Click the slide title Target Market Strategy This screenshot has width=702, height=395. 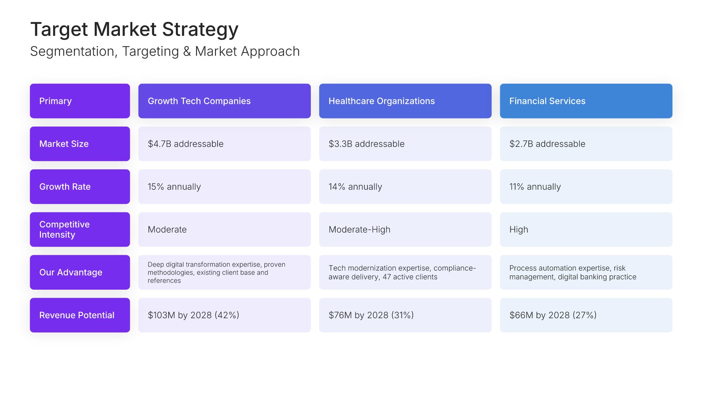(134, 29)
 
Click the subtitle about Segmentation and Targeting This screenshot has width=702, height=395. (165, 52)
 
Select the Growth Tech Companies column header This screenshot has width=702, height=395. (224, 101)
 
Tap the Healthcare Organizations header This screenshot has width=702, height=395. (405, 101)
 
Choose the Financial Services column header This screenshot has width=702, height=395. (586, 101)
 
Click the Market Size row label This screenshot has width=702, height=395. (80, 144)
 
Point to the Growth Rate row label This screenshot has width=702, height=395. (80, 187)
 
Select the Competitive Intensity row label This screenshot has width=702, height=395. (80, 229)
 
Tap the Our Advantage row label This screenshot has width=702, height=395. (80, 272)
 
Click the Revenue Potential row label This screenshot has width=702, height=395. (80, 315)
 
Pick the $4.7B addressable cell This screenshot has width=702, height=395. (224, 144)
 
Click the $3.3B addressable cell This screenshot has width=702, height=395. (405, 144)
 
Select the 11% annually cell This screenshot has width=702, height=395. (586, 187)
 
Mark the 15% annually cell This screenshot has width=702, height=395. (224, 187)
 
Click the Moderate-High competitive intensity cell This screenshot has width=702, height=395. (405, 229)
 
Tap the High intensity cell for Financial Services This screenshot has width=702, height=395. (586, 229)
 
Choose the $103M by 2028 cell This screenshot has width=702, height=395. (224, 315)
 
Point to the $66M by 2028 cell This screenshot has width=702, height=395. (586, 315)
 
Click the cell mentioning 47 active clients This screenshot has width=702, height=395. (405, 272)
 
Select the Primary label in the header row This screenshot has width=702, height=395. (80, 101)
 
